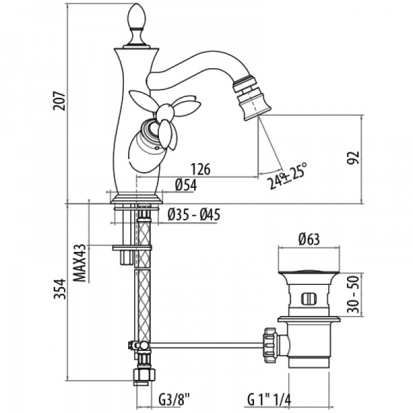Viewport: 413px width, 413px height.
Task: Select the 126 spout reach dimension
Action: (x=200, y=169)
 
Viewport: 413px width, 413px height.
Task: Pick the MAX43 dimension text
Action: (x=80, y=262)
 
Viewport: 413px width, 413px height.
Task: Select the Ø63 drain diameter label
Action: (x=308, y=240)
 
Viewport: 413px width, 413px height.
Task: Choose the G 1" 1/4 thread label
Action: (x=270, y=399)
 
